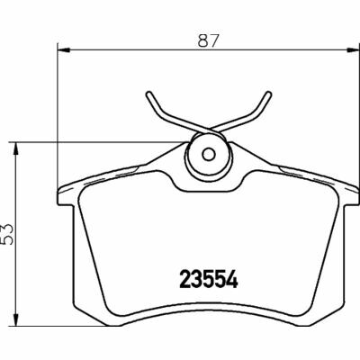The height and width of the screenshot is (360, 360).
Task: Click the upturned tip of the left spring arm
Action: point(147,93)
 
